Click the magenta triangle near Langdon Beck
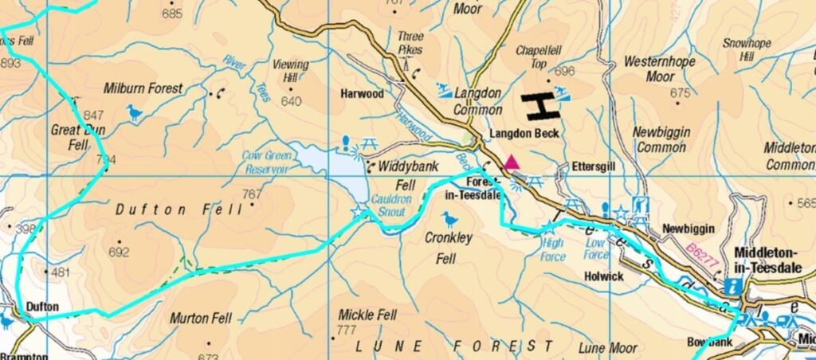pyautogui.click(x=512, y=163)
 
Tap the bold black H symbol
pyautogui.click(x=539, y=106)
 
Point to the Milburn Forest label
pyautogui.click(x=143, y=88)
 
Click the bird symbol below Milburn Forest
pyautogui.click(x=135, y=113)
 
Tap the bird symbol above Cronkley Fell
pyautogui.click(x=450, y=218)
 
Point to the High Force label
pyautogui.click(x=552, y=250)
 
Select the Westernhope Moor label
pyautogui.click(x=660, y=69)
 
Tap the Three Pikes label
pyautogui.click(x=411, y=44)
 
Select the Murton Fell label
pyautogui.click(x=201, y=319)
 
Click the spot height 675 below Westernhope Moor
pyautogui.click(x=680, y=94)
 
